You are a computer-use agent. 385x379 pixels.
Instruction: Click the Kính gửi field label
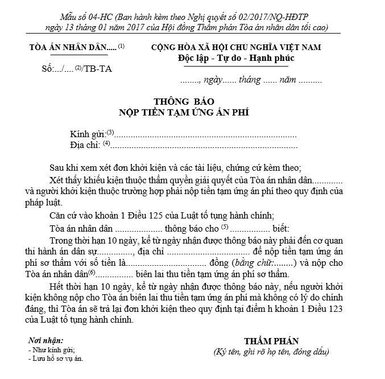click(88, 134)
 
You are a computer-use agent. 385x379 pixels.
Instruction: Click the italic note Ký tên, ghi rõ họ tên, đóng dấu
click(271, 352)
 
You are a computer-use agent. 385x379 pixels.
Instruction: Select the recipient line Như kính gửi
click(52, 350)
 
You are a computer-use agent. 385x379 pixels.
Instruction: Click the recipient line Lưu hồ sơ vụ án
click(56, 359)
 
